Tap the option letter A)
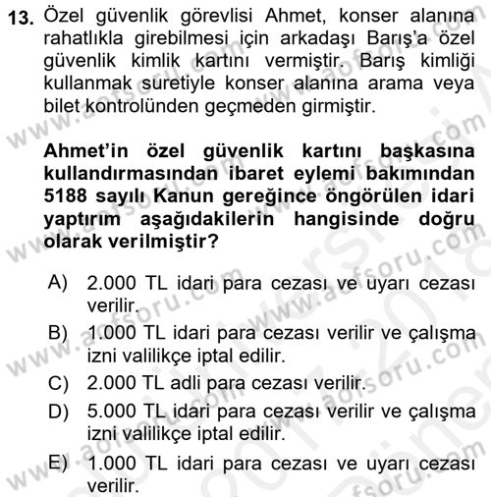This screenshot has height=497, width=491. (57, 285)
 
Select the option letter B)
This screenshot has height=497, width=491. (57, 335)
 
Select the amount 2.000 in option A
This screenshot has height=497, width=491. (114, 285)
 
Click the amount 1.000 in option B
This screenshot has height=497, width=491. (114, 335)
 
